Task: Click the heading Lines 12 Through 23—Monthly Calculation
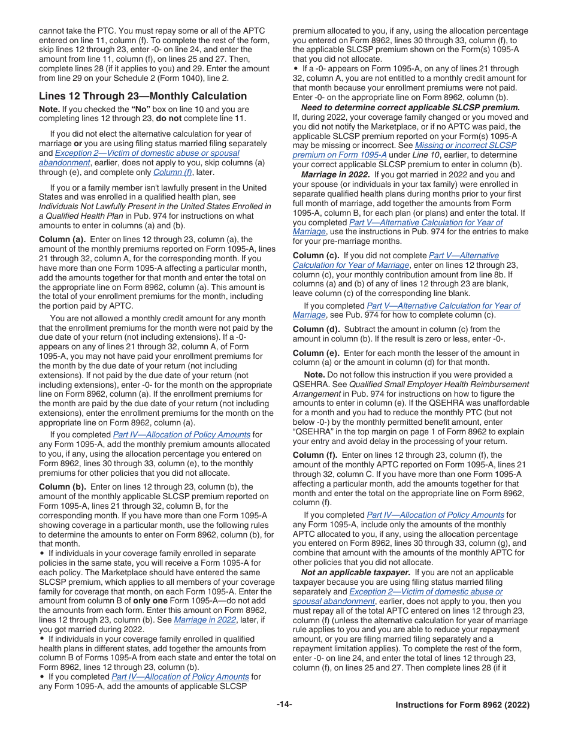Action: pos(143,96)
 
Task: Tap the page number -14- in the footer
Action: pos(284,705)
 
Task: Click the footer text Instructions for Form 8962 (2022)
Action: pos(462,705)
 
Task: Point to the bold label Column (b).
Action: pos(62,487)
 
